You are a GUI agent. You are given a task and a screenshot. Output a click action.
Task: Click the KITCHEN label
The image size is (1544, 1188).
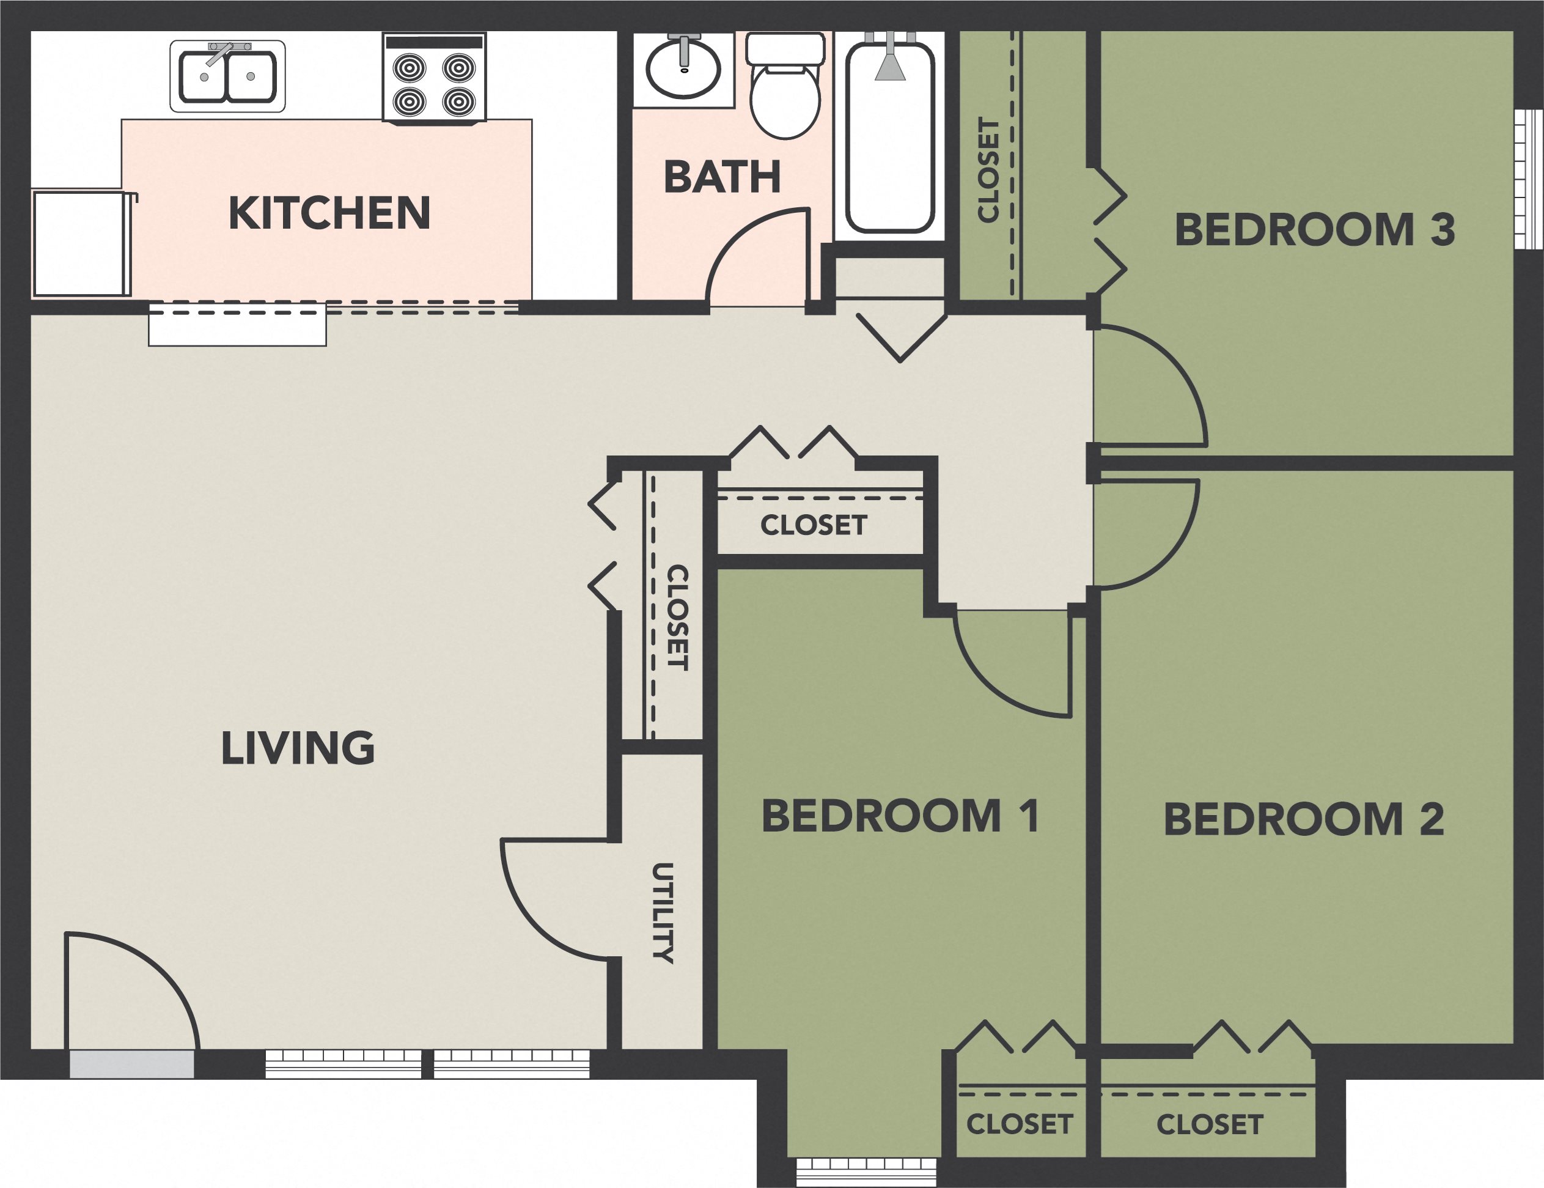(x=329, y=213)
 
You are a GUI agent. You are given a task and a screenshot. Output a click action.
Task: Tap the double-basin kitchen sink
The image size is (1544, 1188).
(x=227, y=76)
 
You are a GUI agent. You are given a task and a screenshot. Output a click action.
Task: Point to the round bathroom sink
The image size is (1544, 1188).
(x=683, y=69)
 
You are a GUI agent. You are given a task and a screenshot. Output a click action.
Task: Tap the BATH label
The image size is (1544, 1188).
(x=722, y=177)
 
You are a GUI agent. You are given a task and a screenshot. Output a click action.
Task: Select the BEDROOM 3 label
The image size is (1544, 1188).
(x=1314, y=230)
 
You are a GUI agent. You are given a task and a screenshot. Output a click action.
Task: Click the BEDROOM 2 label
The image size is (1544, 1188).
(x=1304, y=819)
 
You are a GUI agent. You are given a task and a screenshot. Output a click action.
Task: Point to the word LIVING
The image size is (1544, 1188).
(x=298, y=748)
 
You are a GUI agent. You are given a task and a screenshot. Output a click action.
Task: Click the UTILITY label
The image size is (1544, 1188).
(x=663, y=913)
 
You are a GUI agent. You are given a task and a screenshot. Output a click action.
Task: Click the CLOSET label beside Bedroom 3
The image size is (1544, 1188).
(x=988, y=170)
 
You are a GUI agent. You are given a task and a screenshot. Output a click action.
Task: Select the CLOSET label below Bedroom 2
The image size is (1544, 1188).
(x=1210, y=1124)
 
